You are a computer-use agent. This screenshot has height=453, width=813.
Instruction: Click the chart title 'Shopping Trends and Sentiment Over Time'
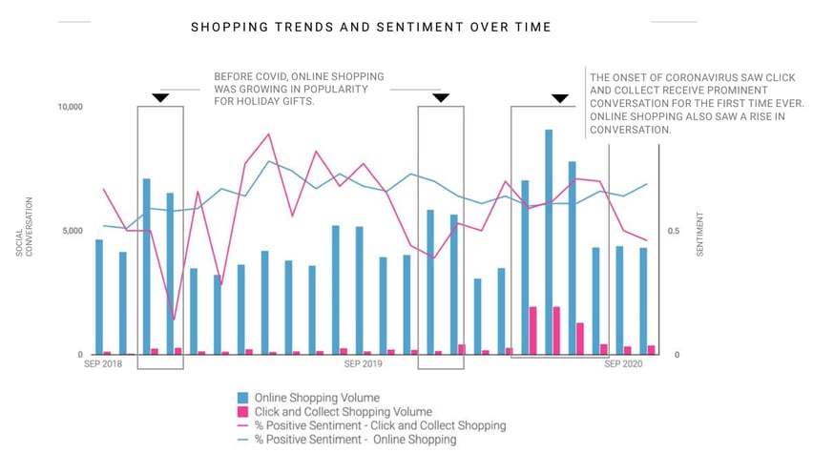370,28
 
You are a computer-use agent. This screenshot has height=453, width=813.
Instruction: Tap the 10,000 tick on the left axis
69,107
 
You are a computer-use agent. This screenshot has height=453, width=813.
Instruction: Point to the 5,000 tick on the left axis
72,231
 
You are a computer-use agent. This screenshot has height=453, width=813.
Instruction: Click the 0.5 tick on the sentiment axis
673,231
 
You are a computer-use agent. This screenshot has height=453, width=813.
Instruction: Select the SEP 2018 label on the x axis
103,364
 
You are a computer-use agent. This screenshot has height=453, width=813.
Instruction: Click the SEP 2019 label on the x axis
363,364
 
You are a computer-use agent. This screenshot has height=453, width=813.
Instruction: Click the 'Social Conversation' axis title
23,227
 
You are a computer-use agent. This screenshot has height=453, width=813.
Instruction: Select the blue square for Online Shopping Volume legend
243,398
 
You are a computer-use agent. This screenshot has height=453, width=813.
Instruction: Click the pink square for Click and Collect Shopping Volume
243,412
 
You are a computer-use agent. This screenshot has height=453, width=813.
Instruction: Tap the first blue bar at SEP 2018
99,297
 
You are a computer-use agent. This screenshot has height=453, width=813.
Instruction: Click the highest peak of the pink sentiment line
269,134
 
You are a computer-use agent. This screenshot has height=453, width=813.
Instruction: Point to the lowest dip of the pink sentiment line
174,319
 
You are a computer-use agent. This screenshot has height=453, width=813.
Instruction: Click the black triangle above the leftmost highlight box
160,98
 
